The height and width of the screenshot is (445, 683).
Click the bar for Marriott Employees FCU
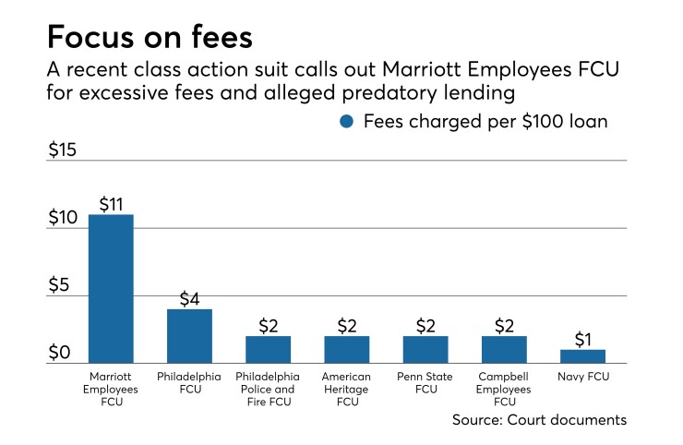111,289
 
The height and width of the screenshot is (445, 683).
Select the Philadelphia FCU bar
189,336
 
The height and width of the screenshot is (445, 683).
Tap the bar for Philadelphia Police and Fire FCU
268,350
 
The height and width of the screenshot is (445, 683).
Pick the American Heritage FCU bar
347,350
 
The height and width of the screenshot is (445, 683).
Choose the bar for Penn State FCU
425,350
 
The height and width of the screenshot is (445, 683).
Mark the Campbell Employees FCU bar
504,350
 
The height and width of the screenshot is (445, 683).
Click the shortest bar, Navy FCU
583,356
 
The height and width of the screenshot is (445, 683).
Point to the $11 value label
111,203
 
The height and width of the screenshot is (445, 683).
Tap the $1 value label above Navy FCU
583,338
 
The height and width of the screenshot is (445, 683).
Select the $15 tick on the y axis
63,150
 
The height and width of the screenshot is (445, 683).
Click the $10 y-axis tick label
63,218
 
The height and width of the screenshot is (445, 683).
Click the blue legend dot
348,121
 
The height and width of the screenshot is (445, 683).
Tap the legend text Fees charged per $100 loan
484,121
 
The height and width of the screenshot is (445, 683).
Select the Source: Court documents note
539,420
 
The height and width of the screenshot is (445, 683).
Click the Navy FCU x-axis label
583,378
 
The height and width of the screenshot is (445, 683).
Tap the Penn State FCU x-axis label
425,383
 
